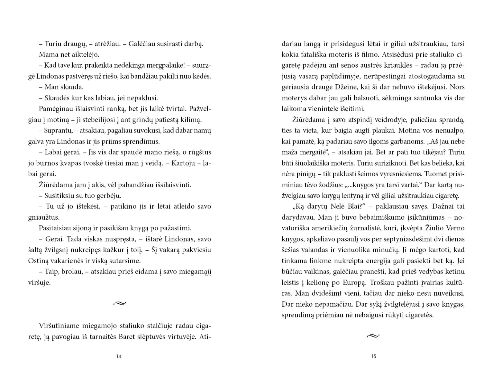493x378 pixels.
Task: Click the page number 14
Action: pyautogui.click(x=119, y=356)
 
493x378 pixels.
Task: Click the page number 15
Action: pyautogui.click(x=374, y=356)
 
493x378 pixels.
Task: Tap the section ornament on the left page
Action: pyautogui.click(x=120, y=304)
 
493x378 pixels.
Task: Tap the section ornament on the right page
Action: pyautogui.click(x=373, y=336)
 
